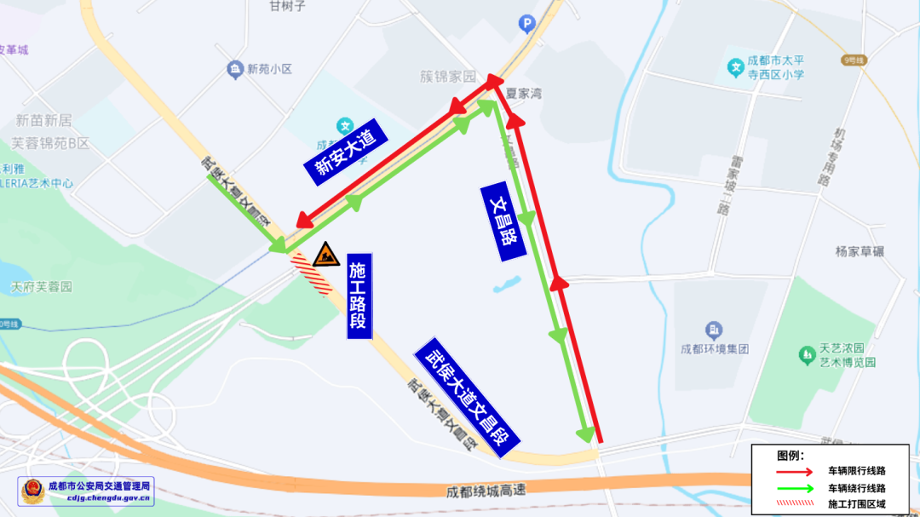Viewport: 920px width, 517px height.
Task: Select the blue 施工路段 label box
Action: (359, 296)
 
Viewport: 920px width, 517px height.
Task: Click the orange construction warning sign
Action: (325, 254)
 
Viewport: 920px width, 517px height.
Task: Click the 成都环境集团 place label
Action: (715, 348)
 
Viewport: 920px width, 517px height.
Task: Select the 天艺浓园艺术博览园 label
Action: (831, 355)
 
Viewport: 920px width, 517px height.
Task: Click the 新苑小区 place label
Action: (269, 69)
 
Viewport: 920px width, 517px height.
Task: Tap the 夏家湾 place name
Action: (524, 94)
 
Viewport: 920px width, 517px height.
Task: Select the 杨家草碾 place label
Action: (860, 251)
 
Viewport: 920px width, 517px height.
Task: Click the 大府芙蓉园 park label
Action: (41, 288)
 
